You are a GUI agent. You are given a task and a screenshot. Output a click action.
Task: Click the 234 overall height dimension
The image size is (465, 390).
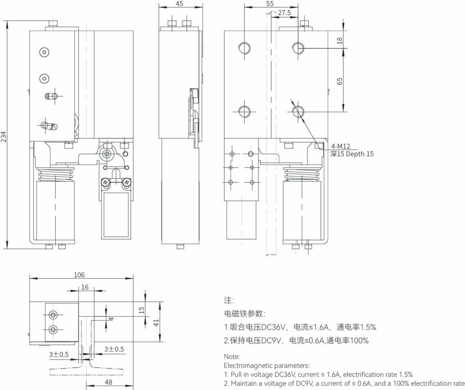(4, 136)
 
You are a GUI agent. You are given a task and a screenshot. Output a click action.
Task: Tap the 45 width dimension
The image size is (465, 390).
(179, 4)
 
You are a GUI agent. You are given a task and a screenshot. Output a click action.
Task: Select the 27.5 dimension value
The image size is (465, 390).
(284, 13)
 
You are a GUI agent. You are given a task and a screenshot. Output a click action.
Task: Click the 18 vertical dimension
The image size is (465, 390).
(340, 40)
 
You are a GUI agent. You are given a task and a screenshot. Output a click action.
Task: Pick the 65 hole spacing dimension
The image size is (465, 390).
(340, 81)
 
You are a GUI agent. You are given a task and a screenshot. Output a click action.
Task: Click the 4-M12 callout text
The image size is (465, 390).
(341, 146)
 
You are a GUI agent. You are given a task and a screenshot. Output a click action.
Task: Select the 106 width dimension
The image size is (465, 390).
(79, 275)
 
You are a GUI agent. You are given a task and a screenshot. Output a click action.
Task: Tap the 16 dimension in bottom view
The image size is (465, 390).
(85, 287)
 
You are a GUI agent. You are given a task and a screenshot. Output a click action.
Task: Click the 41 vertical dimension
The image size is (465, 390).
(156, 322)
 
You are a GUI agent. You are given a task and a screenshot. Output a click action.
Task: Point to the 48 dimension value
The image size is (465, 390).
(109, 382)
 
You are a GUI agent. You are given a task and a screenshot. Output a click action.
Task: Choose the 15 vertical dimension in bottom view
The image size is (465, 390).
(142, 310)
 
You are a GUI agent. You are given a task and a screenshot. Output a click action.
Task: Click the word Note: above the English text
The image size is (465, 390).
(232, 356)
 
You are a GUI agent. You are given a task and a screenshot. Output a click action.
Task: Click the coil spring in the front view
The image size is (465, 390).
(55, 175)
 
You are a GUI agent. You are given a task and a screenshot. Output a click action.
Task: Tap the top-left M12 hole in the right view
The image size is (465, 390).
(244, 47)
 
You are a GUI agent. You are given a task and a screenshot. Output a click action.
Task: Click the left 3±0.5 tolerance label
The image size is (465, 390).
(59, 355)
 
